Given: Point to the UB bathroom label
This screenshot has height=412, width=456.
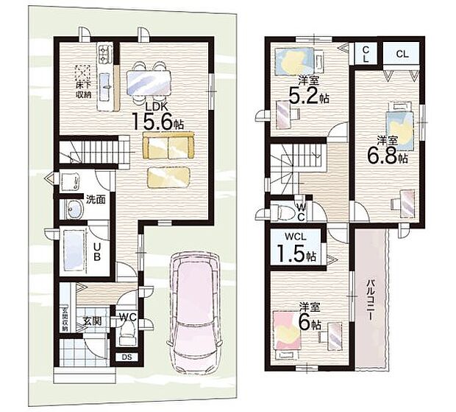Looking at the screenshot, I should click(96, 249).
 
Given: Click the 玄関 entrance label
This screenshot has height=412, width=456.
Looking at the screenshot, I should click(91, 321).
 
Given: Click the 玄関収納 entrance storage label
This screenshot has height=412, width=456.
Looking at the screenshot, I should click(65, 316).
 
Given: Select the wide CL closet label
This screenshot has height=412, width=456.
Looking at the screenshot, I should click(402, 54).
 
